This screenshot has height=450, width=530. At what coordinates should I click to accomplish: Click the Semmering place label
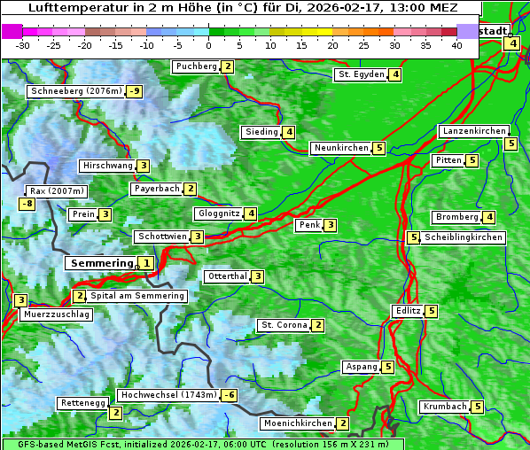100,263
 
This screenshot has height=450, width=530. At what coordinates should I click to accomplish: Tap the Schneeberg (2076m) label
74,91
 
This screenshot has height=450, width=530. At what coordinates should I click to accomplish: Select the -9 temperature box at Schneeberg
135,91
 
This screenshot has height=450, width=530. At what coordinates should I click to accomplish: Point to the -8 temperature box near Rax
27,205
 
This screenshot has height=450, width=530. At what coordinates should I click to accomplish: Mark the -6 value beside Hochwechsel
230,395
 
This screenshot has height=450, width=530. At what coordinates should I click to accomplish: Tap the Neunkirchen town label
340,148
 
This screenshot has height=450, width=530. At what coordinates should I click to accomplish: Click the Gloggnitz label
217,213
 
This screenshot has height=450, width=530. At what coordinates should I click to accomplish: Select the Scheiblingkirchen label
463,237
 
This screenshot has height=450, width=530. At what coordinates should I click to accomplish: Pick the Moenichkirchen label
297,424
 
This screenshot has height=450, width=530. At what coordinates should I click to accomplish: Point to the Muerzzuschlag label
57,314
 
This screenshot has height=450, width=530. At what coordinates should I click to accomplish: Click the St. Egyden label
360,74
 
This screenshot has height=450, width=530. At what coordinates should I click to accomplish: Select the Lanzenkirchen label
473,131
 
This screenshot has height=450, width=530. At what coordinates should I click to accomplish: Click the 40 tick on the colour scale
456,45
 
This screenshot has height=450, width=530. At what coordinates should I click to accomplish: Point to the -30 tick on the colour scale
23,45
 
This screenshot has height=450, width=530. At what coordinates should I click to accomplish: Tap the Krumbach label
444,407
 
